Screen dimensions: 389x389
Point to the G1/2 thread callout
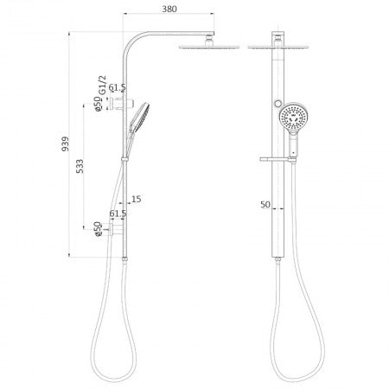102,89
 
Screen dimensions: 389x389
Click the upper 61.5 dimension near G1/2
117,89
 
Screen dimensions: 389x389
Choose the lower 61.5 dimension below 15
118,214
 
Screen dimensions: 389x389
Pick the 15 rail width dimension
137,199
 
